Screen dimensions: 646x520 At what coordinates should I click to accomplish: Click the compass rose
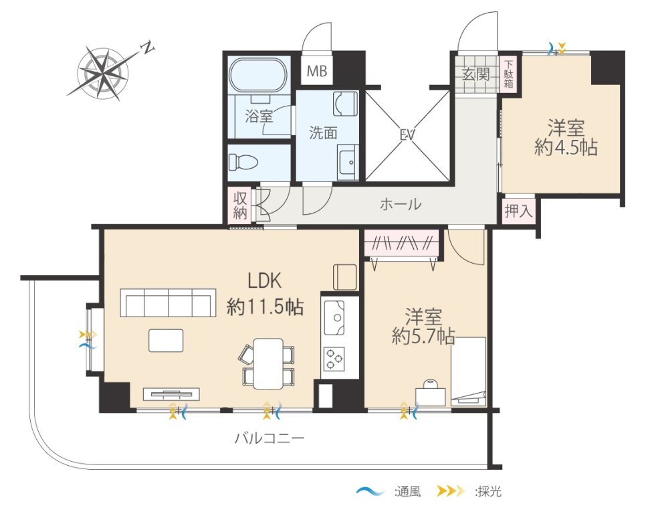(103, 74)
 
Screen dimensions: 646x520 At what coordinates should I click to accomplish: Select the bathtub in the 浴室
(257, 77)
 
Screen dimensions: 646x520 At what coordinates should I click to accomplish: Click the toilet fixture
(243, 162)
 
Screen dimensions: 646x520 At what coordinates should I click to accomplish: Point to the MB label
(317, 72)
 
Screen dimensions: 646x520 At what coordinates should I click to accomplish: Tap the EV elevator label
(407, 135)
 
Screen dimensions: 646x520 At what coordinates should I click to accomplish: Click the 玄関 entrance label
(476, 75)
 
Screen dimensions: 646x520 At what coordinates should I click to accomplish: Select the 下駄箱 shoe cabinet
(509, 74)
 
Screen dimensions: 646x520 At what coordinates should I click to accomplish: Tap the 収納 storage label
(240, 205)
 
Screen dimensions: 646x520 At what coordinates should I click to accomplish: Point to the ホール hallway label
(401, 203)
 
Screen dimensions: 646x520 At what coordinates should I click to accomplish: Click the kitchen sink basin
(334, 317)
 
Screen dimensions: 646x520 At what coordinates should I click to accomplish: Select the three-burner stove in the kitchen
(334, 359)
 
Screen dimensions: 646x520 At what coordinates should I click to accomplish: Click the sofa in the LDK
(168, 302)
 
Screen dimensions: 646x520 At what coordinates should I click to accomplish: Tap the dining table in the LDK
(268, 363)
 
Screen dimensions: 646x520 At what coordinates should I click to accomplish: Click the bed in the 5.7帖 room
(468, 371)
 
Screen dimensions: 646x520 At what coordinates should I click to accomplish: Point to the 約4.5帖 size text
(566, 147)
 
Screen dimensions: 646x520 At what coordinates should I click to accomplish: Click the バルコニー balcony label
(270, 438)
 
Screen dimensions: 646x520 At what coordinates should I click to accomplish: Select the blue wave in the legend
(370, 491)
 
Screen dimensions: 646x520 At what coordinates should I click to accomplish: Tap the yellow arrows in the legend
(451, 491)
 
